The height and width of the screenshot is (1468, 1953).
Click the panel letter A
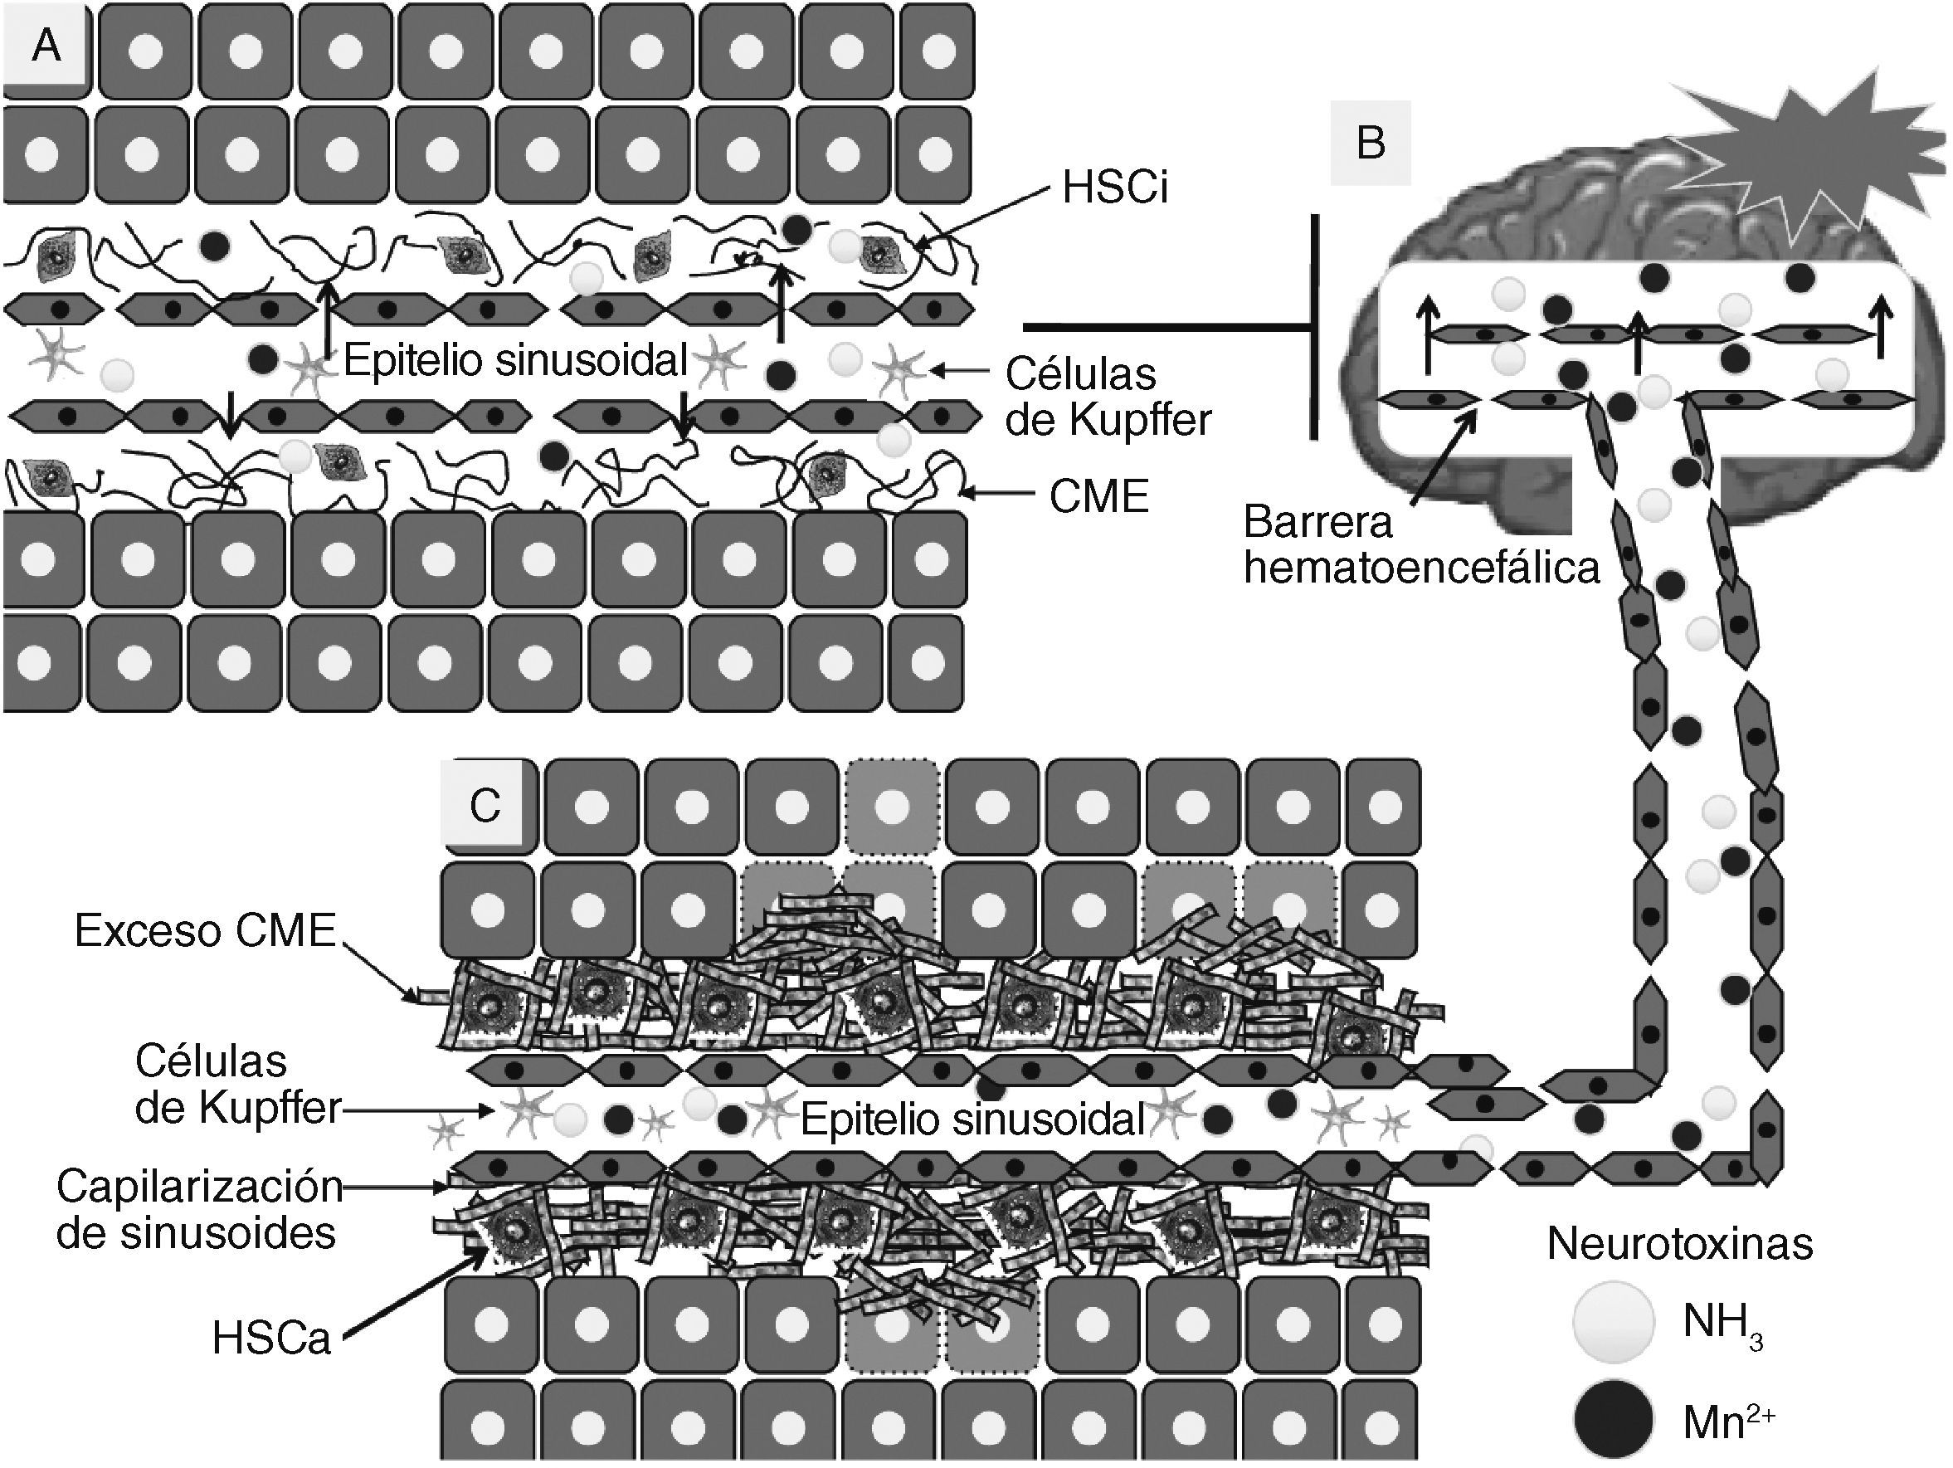pyautogui.click(x=46, y=44)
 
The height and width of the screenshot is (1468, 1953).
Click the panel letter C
pyautogui.click(x=485, y=805)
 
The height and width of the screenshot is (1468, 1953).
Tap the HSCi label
pyautogui.click(x=1114, y=188)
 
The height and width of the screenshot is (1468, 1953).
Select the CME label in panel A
pyautogui.click(x=1098, y=497)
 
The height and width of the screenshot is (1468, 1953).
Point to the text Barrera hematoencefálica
pyautogui.click(x=1420, y=545)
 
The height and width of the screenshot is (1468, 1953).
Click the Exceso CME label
pyautogui.click(x=205, y=930)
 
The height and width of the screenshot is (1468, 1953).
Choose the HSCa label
pyautogui.click(x=271, y=1339)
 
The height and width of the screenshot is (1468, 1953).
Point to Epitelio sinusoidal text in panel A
pyautogui.click(x=514, y=360)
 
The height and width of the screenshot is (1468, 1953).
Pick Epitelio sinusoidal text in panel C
pyautogui.click(x=972, y=1120)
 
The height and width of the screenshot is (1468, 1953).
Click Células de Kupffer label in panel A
pyautogui.click(x=1108, y=397)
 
